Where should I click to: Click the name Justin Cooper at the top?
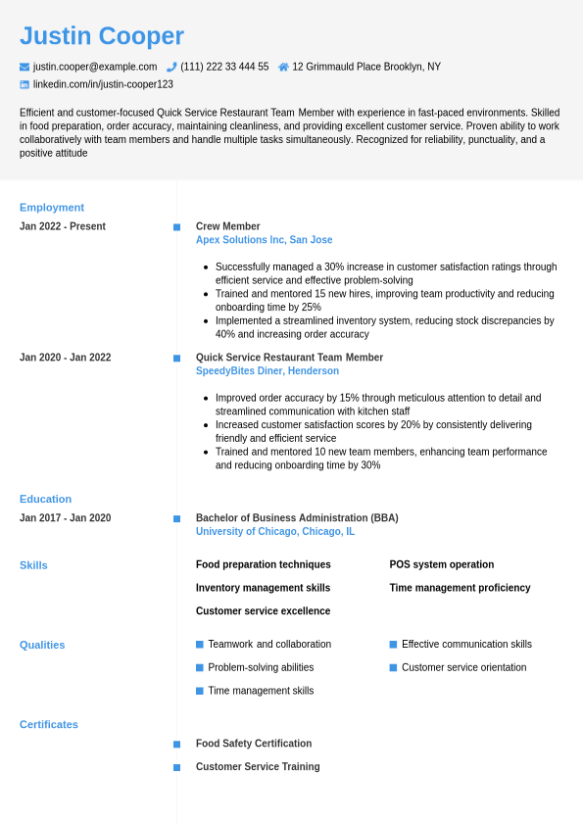[102, 36]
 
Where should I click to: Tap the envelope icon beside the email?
[24, 67]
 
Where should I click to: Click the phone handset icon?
[171, 67]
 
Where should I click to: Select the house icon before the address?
[283, 67]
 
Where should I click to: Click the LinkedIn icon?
[24, 84]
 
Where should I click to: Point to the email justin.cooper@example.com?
[95, 67]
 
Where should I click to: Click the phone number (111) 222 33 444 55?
[224, 67]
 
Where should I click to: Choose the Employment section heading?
[52, 208]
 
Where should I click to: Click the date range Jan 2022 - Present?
[63, 226]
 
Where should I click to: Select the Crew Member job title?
[228, 226]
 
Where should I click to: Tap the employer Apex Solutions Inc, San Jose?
[264, 240]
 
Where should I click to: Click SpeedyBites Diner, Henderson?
[267, 371]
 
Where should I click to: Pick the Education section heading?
[45, 499]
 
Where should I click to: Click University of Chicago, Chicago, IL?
[275, 532]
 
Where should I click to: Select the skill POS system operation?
[442, 564]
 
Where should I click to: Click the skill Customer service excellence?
[263, 611]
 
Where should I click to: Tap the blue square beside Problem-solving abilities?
[200, 667]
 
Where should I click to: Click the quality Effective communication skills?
[466, 645]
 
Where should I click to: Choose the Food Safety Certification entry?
[254, 744]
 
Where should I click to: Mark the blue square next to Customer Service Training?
[177, 767]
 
